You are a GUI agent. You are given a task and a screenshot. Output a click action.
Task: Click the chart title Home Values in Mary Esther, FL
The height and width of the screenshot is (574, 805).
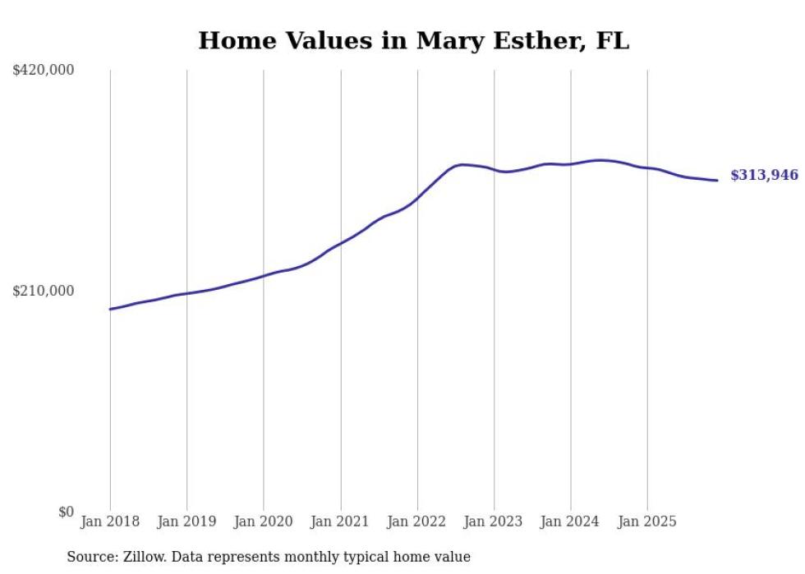413,40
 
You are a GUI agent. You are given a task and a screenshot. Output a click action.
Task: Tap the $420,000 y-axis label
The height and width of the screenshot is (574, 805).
44,71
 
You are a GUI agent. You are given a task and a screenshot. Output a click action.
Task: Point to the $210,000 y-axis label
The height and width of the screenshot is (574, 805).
44,291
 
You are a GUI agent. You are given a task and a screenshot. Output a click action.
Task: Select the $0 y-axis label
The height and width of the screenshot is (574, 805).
66,512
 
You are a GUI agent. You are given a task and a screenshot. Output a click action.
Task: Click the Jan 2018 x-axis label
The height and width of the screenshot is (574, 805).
110,521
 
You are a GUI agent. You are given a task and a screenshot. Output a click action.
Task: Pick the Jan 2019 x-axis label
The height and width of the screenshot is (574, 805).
186,521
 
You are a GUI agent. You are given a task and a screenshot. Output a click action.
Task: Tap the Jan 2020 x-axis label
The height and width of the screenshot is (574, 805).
264,521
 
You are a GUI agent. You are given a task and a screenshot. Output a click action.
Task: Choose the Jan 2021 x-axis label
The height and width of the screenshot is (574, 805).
340,521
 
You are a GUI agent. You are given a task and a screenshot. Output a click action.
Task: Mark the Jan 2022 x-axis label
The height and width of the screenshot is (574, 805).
417,521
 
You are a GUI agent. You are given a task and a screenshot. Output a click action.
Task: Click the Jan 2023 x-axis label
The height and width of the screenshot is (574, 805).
494,521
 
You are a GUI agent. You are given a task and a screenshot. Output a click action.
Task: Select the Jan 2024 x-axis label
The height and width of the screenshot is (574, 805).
571,521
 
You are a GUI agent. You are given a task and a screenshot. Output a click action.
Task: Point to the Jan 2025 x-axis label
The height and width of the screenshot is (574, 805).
647,521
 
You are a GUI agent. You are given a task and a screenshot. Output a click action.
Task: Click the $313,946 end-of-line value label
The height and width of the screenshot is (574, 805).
764,175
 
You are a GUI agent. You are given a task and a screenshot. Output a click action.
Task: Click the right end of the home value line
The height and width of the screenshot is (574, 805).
717,180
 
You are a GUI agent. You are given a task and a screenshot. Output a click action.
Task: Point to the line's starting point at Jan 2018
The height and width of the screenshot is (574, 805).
110,309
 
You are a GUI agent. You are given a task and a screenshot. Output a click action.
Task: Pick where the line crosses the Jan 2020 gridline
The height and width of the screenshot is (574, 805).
264,275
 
